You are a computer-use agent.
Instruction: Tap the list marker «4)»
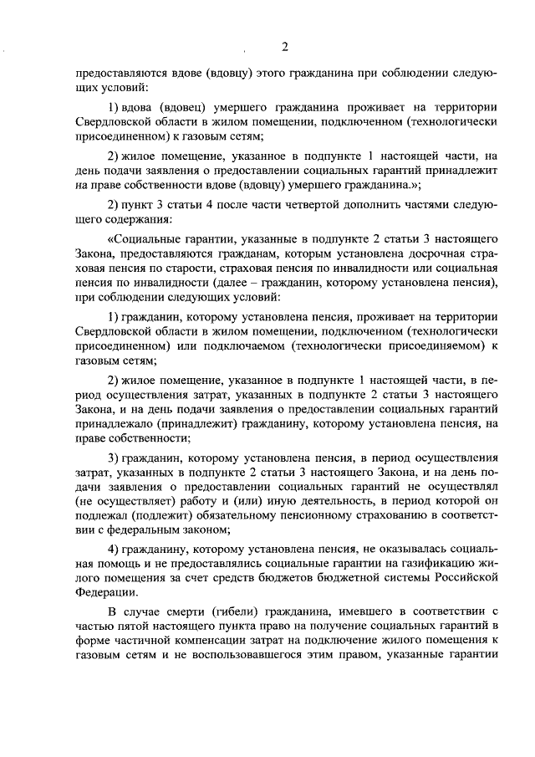(117, 549)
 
